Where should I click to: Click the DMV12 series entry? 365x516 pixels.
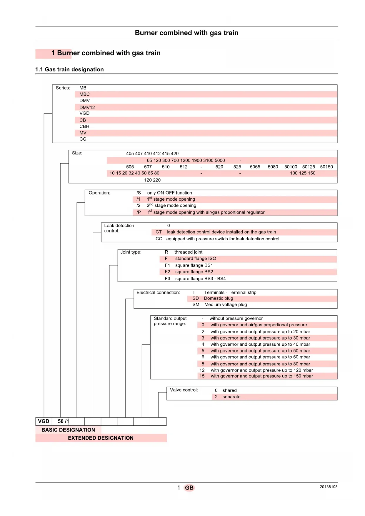coord(87,107)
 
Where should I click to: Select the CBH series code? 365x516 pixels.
coord(84,126)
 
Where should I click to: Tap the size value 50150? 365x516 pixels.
coord(326,167)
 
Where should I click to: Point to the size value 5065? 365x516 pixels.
coord(255,167)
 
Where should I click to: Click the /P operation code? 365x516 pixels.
coord(139,212)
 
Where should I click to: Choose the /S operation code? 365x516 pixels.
coord(139,193)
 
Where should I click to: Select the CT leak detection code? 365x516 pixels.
coord(159,232)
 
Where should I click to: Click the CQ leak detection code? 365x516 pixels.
coord(159,239)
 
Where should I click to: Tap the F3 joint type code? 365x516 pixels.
coord(167,279)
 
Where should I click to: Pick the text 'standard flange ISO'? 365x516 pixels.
coord(196,259)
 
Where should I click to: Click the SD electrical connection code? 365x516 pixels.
coord(196,298)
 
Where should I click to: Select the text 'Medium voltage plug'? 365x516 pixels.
coord(226,305)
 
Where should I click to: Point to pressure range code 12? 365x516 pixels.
coord(202,370)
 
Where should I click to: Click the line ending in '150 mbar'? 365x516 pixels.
coord(262,376)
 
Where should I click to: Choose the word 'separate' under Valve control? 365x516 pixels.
coord(231,397)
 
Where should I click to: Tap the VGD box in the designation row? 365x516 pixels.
coord(44,421)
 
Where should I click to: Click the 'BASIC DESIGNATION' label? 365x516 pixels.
coord(68,430)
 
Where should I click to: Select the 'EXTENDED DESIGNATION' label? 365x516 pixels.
coord(101,438)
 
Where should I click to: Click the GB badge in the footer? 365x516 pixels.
coord(189,488)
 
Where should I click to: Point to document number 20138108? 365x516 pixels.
coord(329,487)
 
